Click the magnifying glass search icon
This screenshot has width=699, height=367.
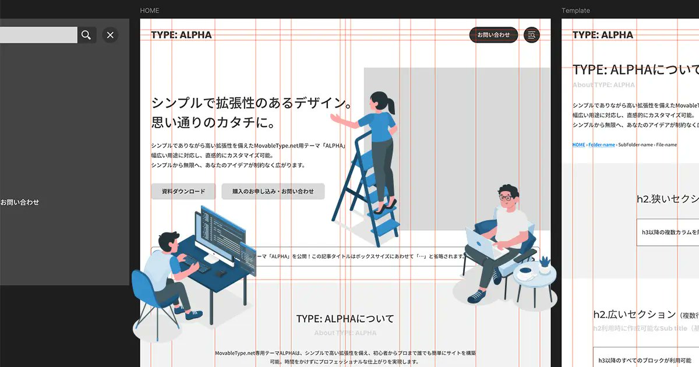(x=86, y=35)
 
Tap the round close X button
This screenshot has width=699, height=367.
(x=110, y=35)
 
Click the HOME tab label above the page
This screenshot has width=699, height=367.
(x=150, y=10)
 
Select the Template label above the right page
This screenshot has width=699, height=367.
(x=576, y=10)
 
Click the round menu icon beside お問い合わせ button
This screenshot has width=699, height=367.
(x=531, y=35)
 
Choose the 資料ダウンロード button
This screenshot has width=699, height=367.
(x=183, y=192)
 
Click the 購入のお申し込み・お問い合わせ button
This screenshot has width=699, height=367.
(x=273, y=192)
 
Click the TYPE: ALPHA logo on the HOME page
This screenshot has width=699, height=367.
(x=181, y=35)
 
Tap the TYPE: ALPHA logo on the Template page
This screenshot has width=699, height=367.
(x=602, y=35)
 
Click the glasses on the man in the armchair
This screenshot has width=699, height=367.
(x=506, y=198)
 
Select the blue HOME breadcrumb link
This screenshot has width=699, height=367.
(x=578, y=144)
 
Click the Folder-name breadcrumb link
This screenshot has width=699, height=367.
(x=601, y=144)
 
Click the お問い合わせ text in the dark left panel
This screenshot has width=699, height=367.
(x=20, y=202)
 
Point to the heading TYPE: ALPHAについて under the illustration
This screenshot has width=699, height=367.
(x=345, y=319)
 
